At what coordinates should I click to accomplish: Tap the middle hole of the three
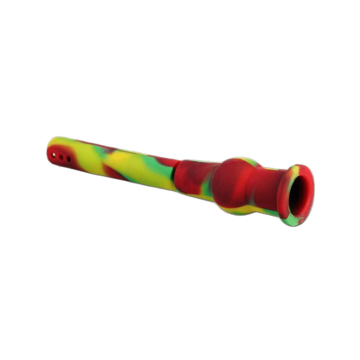[61, 157]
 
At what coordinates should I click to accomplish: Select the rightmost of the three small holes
[69, 159]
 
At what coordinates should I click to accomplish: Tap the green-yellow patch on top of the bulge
[250, 162]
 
